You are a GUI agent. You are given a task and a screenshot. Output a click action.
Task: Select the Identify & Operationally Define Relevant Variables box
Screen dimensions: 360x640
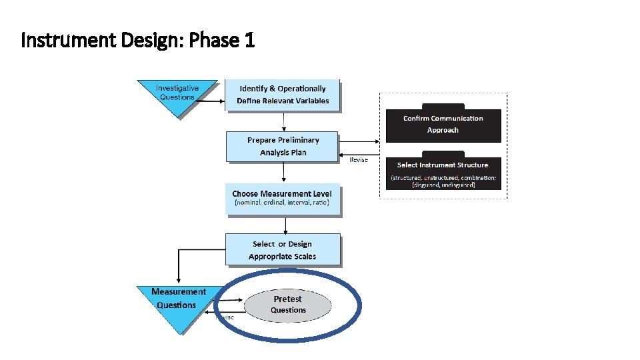point(283,95)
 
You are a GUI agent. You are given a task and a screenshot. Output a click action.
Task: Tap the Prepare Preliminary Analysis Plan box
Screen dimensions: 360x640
point(283,147)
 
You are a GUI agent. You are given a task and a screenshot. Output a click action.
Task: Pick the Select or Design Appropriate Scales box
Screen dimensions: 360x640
point(283,250)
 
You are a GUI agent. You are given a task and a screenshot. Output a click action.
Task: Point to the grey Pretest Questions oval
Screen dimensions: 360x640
point(288,305)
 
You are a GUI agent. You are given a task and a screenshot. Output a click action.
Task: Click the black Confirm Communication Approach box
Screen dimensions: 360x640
point(443,124)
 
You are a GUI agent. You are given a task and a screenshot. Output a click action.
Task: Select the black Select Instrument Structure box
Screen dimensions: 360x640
point(443,173)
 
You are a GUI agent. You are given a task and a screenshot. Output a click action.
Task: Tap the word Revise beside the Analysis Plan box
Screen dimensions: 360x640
point(359,160)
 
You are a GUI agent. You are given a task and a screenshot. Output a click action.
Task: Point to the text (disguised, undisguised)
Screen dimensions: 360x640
point(443,185)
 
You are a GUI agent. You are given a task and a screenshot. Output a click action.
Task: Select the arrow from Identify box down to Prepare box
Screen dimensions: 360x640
point(284,121)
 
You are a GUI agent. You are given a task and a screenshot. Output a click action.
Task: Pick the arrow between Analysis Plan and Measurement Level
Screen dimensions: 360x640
point(284,172)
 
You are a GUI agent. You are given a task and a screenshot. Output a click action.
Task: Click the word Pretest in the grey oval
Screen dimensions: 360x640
point(288,299)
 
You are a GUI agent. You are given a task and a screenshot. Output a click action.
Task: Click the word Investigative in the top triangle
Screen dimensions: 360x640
point(177,88)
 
